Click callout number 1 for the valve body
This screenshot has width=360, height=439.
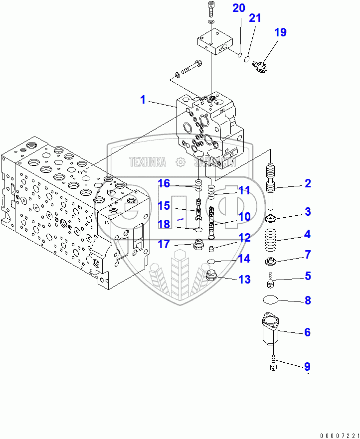(x=143, y=100)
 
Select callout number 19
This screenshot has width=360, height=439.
(x=280, y=32)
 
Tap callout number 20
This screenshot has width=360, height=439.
(x=239, y=8)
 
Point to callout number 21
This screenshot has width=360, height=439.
(x=255, y=18)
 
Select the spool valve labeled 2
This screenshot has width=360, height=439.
(x=271, y=187)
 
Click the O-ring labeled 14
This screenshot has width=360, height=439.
(x=211, y=261)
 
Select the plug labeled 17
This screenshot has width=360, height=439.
(x=198, y=245)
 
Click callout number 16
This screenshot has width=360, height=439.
(x=164, y=184)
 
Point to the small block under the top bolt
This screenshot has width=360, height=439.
(x=213, y=41)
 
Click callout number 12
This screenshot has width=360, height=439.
(x=244, y=238)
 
